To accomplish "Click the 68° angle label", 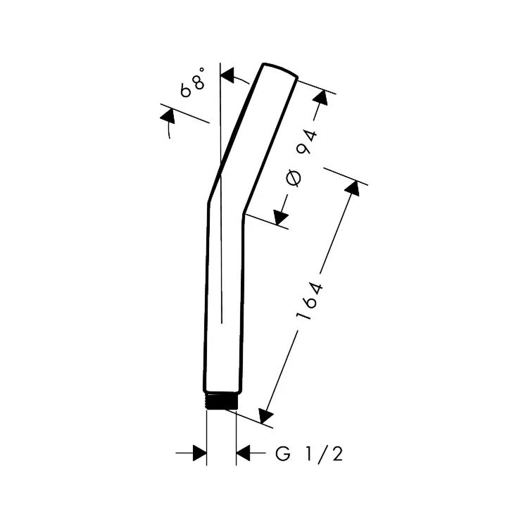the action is (194, 82).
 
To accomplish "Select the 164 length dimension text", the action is (310, 301).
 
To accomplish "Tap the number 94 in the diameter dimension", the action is (306, 142).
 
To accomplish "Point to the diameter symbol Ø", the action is (294, 179).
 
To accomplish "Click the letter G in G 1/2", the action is (283, 453).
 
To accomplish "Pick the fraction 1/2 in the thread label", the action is (324, 454).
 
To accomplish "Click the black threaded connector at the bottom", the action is (222, 401).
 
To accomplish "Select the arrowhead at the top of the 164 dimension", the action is (353, 188).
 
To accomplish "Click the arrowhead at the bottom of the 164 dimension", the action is (265, 415).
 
